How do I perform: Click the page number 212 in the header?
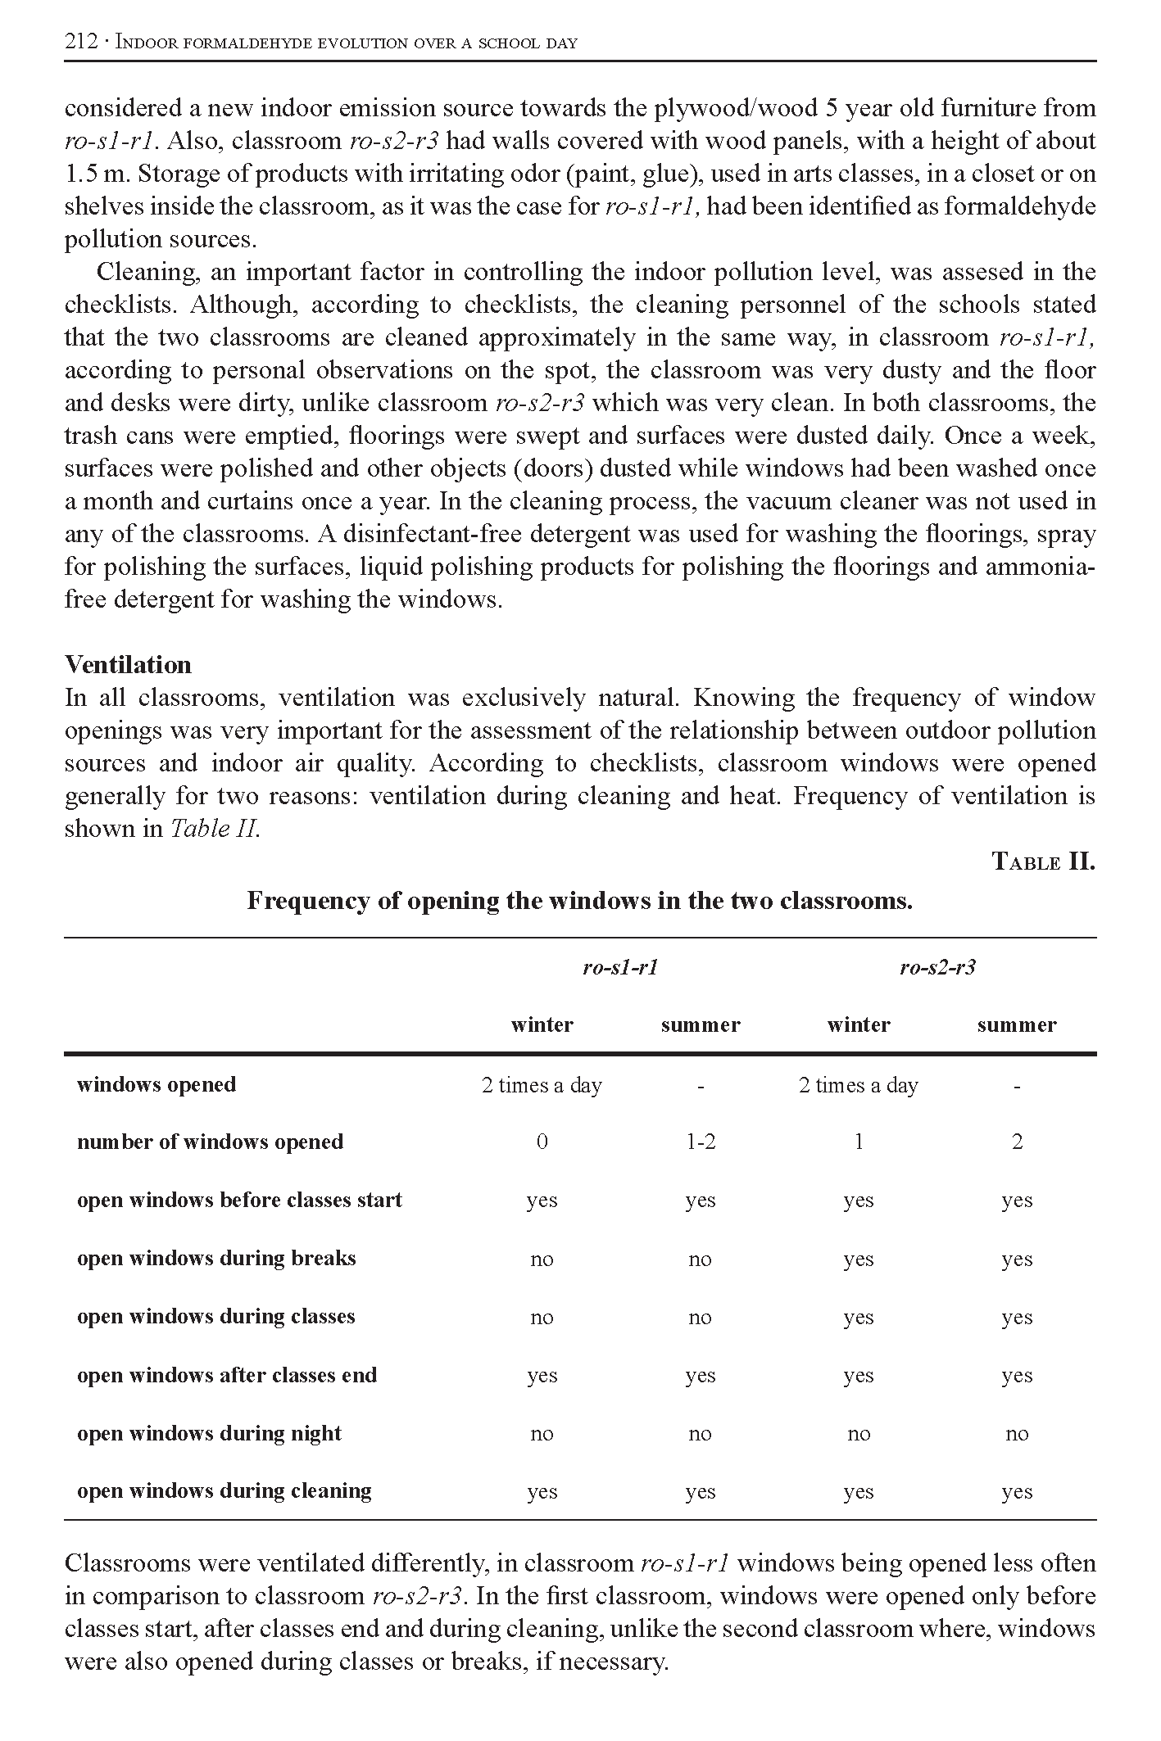point(81,43)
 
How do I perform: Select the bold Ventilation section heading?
point(128,664)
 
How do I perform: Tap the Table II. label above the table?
point(1043,861)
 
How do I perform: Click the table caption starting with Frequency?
point(579,901)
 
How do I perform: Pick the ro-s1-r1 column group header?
point(620,968)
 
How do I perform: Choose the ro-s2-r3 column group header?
point(937,968)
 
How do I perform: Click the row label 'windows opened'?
point(156,1085)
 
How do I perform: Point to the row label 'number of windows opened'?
point(210,1142)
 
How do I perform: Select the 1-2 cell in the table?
point(701,1142)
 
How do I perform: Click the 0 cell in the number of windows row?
point(542,1142)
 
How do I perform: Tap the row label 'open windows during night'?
point(209,1433)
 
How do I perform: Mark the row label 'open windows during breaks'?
point(216,1259)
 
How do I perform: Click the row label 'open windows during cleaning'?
point(224,1491)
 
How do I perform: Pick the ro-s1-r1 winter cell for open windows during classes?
point(542,1318)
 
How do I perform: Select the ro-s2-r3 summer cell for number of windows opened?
point(1017,1142)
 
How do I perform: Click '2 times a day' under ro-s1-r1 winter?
point(542,1086)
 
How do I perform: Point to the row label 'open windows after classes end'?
point(227,1375)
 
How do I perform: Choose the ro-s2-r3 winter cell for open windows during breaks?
point(859,1259)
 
